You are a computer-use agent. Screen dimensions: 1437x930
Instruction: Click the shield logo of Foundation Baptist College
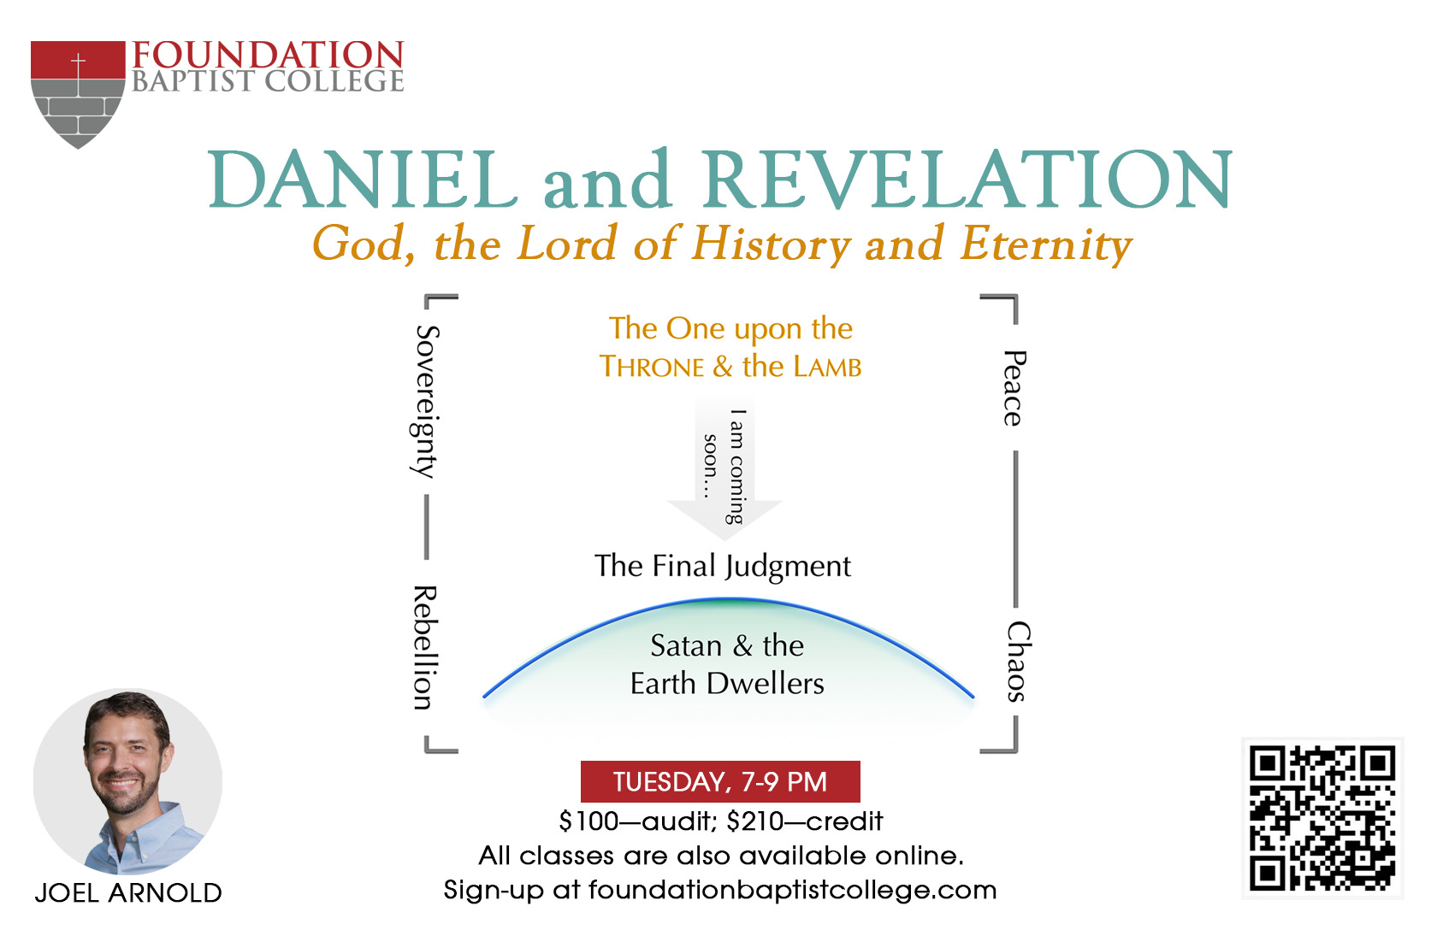[x=78, y=94]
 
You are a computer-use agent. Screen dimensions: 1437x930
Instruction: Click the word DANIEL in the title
[x=363, y=180]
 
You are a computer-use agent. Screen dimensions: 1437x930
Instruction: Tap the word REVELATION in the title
[x=967, y=180]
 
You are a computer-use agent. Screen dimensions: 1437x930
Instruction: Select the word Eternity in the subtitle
[x=1046, y=244]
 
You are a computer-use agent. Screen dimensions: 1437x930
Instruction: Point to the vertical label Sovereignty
[x=424, y=402]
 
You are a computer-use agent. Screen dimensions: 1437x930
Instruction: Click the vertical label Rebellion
[x=424, y=647]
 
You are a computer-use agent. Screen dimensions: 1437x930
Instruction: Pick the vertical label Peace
[x=1014, y=388]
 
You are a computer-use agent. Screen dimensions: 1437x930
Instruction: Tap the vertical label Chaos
[x=1018, y=662]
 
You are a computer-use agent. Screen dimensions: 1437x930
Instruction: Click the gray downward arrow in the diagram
[x=725, y=468]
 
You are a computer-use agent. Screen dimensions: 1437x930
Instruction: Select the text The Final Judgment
[x=722, y=567]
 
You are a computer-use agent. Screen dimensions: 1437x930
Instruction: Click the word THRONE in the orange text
[x=652, y=368]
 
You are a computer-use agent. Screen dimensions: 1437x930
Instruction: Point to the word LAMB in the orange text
[x=828, y=368]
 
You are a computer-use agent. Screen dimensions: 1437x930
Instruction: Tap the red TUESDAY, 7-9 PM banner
[x=720, y=781]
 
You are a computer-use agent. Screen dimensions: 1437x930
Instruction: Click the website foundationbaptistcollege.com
[x=792, y=891]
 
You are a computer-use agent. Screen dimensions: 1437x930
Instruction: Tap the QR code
[x=1322, y=818]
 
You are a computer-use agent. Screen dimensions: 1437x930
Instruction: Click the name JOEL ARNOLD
[x=128, y=893]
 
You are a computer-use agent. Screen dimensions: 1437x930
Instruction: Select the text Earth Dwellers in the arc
[x=727, y=683]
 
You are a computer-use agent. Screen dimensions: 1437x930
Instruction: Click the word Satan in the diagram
[x=686, y=645]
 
